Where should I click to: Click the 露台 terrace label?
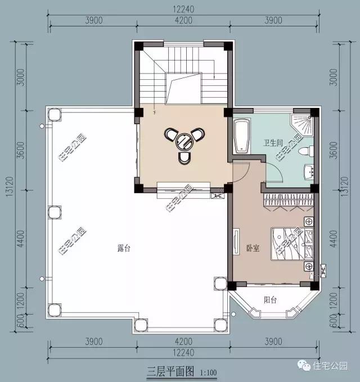pyautogui.click(x=123, y=248)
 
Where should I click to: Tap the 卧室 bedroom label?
pyautogui.click(x=253, y=248)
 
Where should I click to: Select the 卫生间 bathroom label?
pyautogui.click(x=273, y=143)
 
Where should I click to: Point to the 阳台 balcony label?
pyautogui.click(x=271, y=300)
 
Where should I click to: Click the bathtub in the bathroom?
pyautogui.click(x=242, y=136)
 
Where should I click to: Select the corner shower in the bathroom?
pyautogui.click(x=304, y=125)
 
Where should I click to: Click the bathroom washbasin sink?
pyautogui.click(x=308, y=171)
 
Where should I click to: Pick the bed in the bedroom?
pyautogui.click(x=290, y=243)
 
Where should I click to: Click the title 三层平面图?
pyautogui.click(x=170, y=371)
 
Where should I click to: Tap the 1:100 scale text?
pyautogui.click(x=208, y=372)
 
